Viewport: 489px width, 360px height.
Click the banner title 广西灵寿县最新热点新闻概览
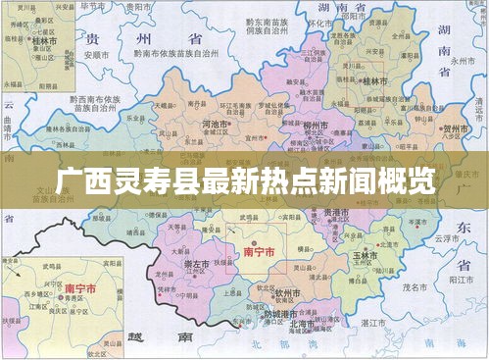244,180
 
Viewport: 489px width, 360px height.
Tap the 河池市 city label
215,126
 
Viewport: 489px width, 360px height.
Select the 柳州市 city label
315,127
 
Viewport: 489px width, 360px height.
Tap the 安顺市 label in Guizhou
95,54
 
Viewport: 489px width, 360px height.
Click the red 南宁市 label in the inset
79,289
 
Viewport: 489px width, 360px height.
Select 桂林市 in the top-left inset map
43,44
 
